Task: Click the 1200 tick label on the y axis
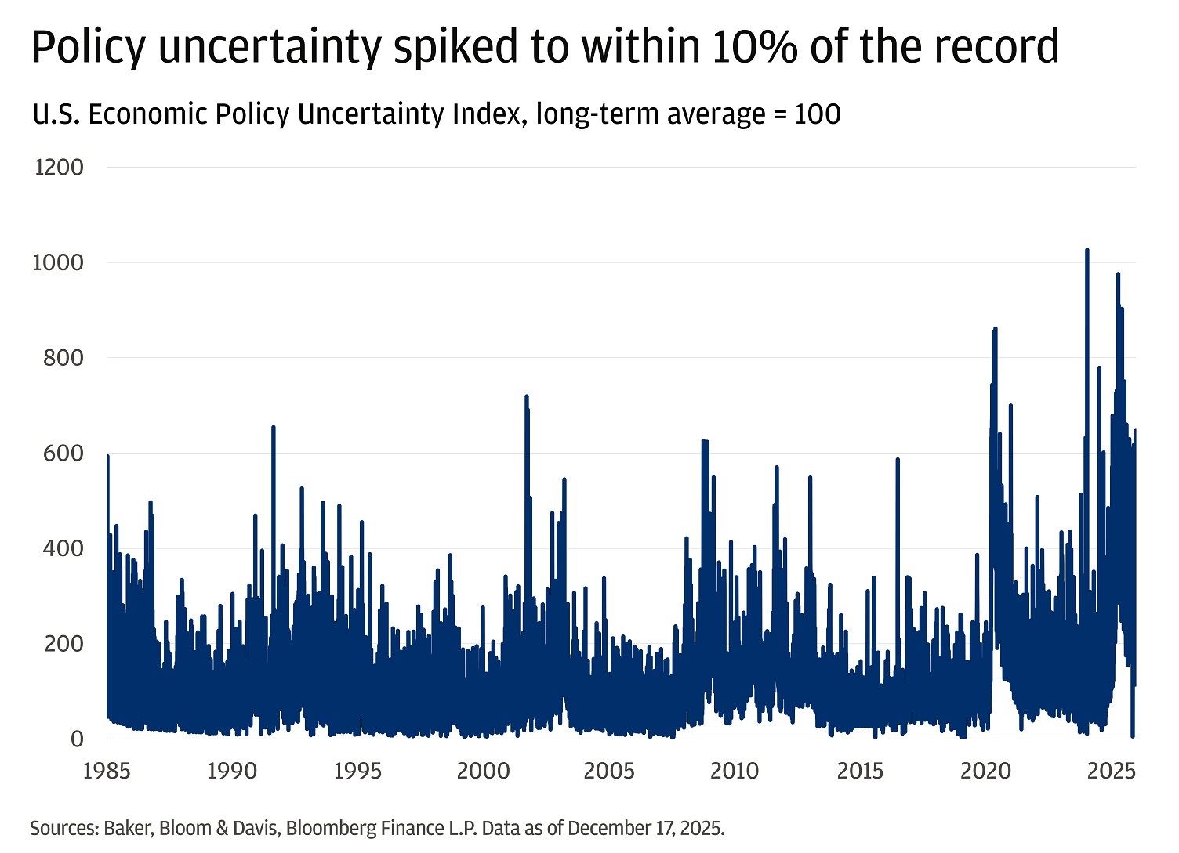point(59,167)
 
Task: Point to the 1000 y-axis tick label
point(57,262)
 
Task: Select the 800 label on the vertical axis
point(63,358)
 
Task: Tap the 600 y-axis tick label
point(63,454)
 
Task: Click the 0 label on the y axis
point(77,739)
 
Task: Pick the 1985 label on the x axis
point(107,771)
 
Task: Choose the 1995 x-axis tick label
point(357,771)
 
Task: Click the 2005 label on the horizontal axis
point(609,771)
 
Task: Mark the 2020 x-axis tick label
point(985,771)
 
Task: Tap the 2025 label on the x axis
point(1112,771)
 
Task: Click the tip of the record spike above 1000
point(1086,250)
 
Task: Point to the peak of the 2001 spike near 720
point(527,396)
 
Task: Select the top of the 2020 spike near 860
point(995,328)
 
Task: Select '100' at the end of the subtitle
point(818,114)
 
